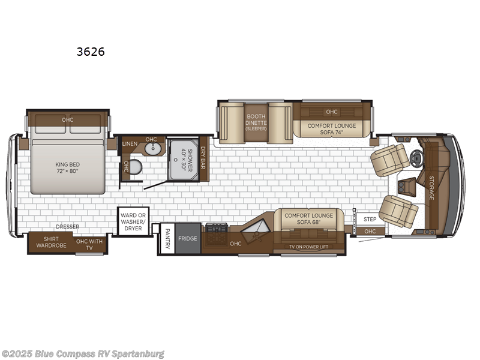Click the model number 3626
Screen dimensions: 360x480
[91, 52]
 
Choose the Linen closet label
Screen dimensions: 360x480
[130, 144]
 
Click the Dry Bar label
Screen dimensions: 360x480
[203, 158]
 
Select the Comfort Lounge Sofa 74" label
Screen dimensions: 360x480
[332, 129]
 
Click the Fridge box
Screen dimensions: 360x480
[187, 238]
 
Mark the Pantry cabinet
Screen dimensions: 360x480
[167, 239]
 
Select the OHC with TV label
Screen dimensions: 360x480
[89, 244]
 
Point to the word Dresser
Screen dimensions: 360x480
[68, 227]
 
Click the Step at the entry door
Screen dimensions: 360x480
[370, 220]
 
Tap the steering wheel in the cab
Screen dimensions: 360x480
[417, 157]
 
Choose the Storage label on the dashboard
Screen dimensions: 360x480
[431, 188]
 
